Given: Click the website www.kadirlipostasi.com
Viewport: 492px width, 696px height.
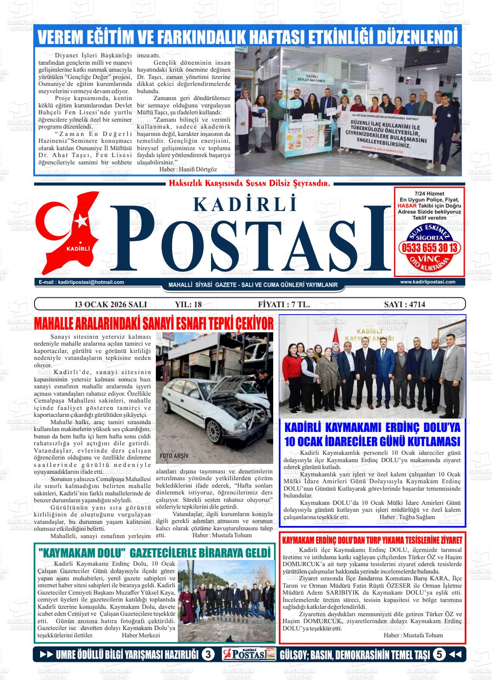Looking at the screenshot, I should coord(428,282).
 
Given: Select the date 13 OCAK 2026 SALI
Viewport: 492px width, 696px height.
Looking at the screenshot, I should coord(111,304).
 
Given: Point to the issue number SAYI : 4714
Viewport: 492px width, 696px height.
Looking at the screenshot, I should coord(404,304).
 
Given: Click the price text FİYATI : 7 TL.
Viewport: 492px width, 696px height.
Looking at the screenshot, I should coord(284,304).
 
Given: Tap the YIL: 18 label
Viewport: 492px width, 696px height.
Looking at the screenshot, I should coord(189,304).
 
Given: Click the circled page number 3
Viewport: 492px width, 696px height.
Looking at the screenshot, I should coord(208,655).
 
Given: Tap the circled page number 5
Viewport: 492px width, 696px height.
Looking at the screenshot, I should coord(439,655).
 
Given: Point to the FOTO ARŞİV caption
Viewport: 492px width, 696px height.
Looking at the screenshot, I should coord(174,456).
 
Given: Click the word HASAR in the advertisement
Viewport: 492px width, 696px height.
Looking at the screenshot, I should coord(406,206).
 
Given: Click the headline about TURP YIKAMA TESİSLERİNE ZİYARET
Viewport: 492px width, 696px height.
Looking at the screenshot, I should coord(372,540).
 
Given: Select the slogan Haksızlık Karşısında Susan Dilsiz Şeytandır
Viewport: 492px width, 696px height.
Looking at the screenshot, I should coord(250,184).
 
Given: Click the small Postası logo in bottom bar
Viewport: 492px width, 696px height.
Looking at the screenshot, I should coord(249,655).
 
